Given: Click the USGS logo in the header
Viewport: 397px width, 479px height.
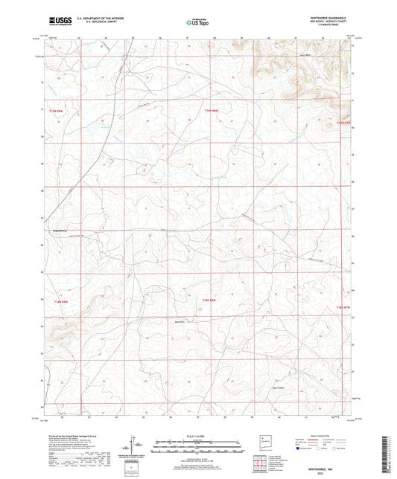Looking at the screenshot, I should pos(57,22).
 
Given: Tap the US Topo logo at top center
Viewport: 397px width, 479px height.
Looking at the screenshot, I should pos(197,22).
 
